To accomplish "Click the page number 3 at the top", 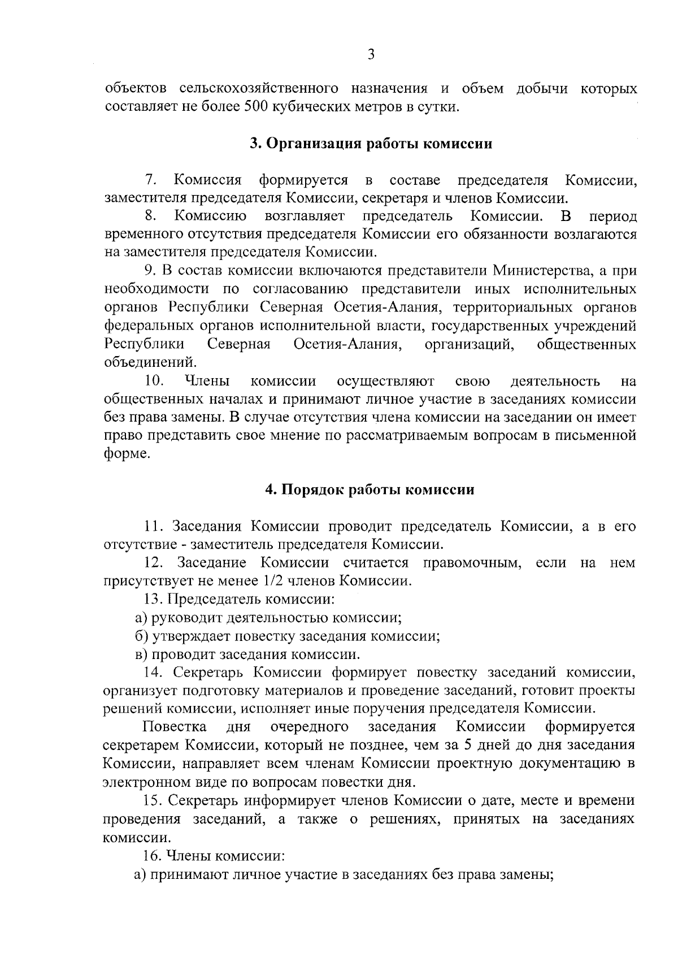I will [371, 54].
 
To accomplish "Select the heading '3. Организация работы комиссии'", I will [371, 144].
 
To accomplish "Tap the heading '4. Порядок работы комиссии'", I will [370, 489].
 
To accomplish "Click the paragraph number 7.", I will [150, 180].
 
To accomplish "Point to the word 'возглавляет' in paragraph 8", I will [305, 216].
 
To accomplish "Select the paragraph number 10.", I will [154, 382].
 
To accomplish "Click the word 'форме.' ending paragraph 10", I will [128, 454].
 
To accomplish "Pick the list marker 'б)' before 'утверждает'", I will [142, 636].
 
